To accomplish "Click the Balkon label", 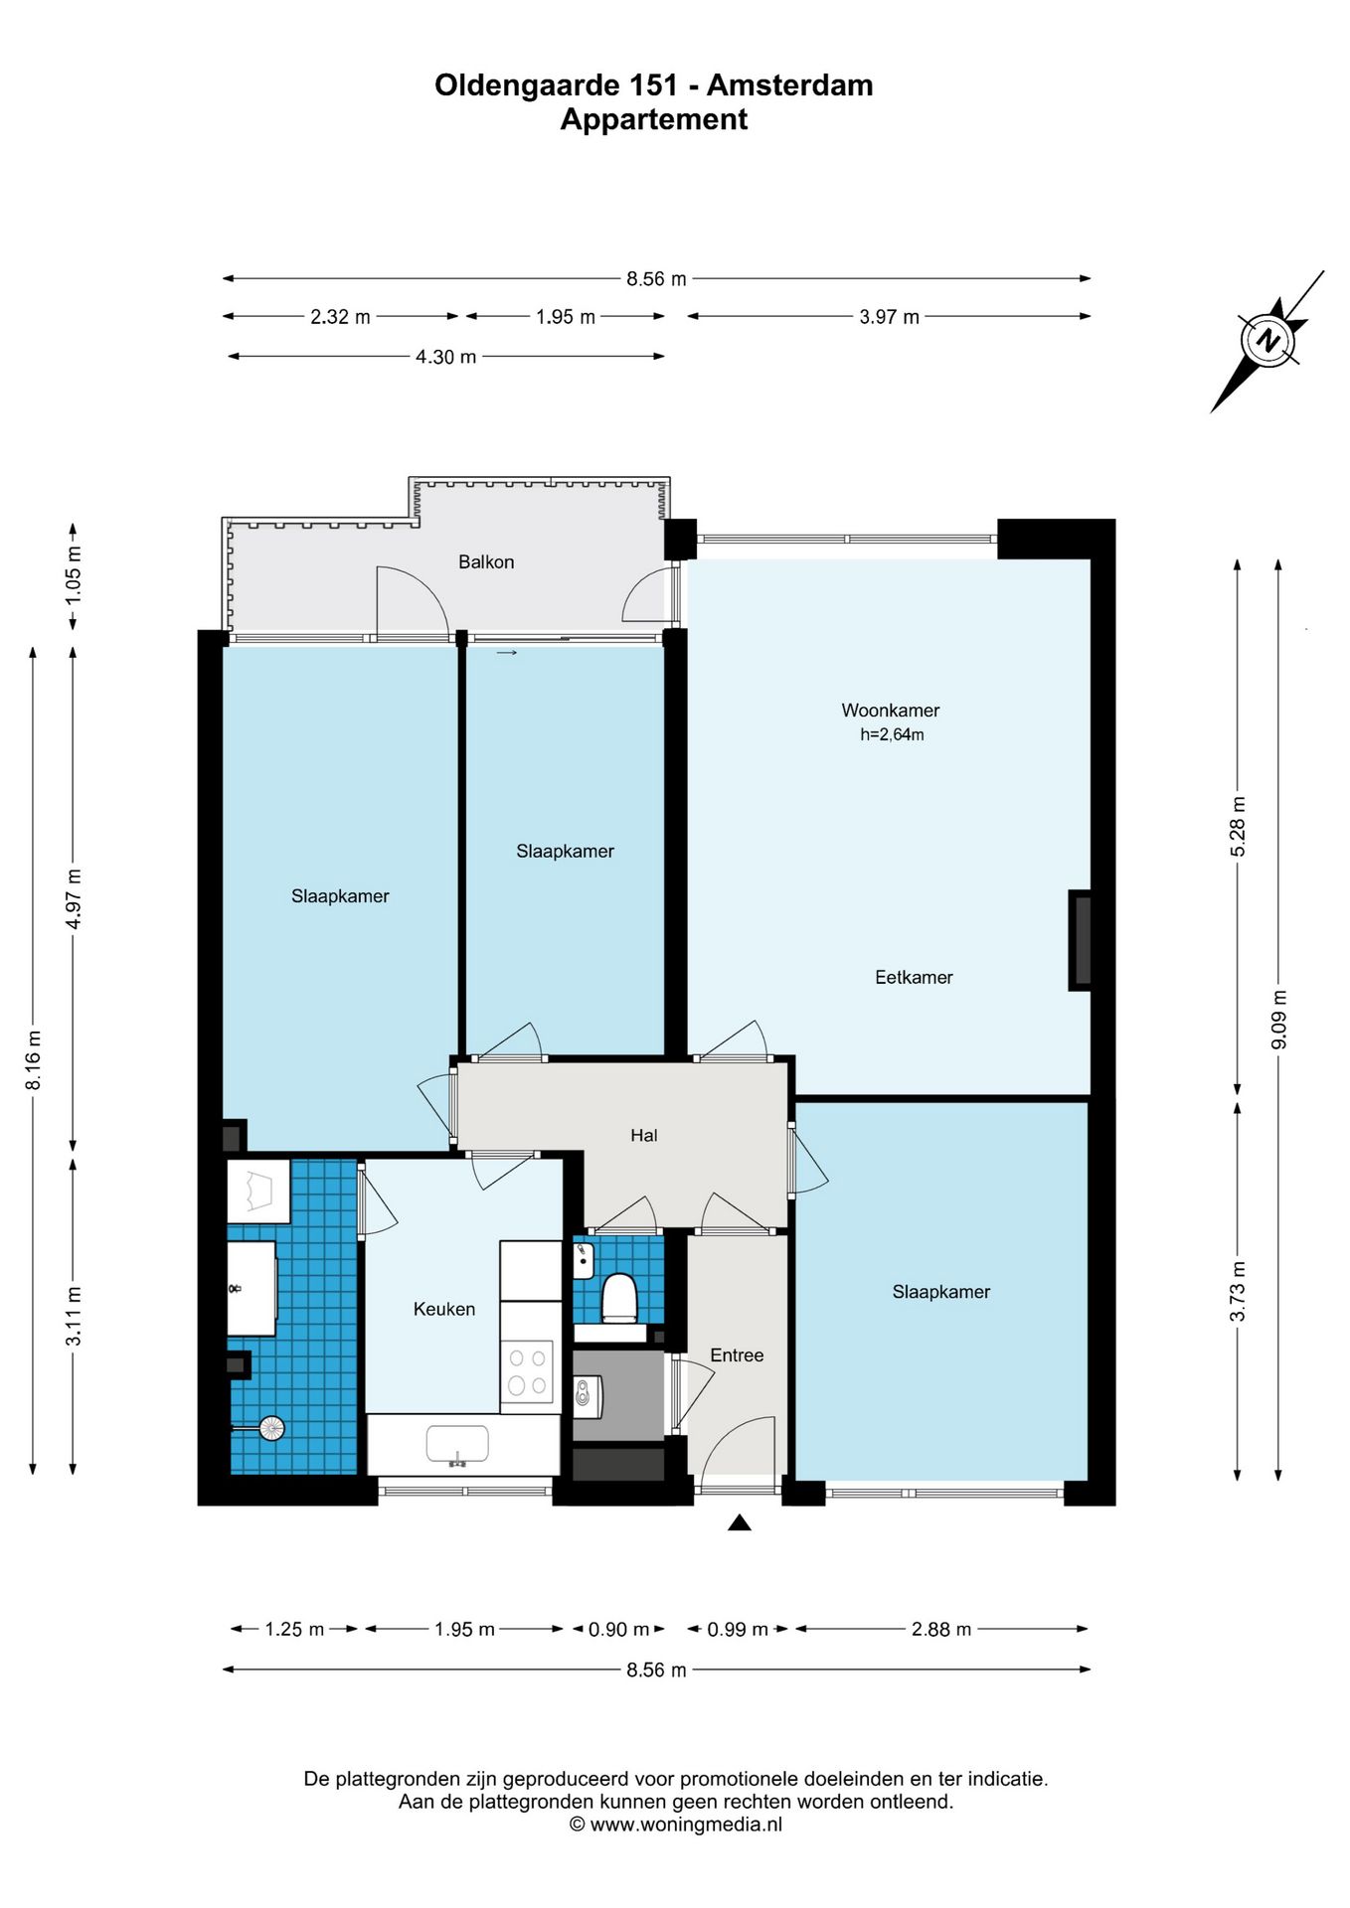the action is coord(486,562).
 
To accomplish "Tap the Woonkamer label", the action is coord(890,711).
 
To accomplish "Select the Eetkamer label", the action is coord(914,978).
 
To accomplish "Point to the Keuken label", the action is coord(444,1310).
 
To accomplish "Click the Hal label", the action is coord(644,1136).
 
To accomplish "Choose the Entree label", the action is coord(737,1355).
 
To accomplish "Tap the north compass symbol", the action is coord(1268,341).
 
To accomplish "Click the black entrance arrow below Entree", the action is coord(739,1522).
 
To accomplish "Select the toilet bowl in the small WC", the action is coord(619,1298).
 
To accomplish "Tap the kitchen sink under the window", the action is coord(457,1445).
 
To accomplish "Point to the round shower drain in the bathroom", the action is coord(271,1429).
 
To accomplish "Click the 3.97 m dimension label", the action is coord(890,317).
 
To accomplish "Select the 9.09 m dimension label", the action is coord(1279,1020).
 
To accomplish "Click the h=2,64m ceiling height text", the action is coord(892,735).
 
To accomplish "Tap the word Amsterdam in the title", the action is coord(790,85).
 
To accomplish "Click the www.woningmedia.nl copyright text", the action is coord(686,1825).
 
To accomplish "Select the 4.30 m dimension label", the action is coord(446,357).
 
